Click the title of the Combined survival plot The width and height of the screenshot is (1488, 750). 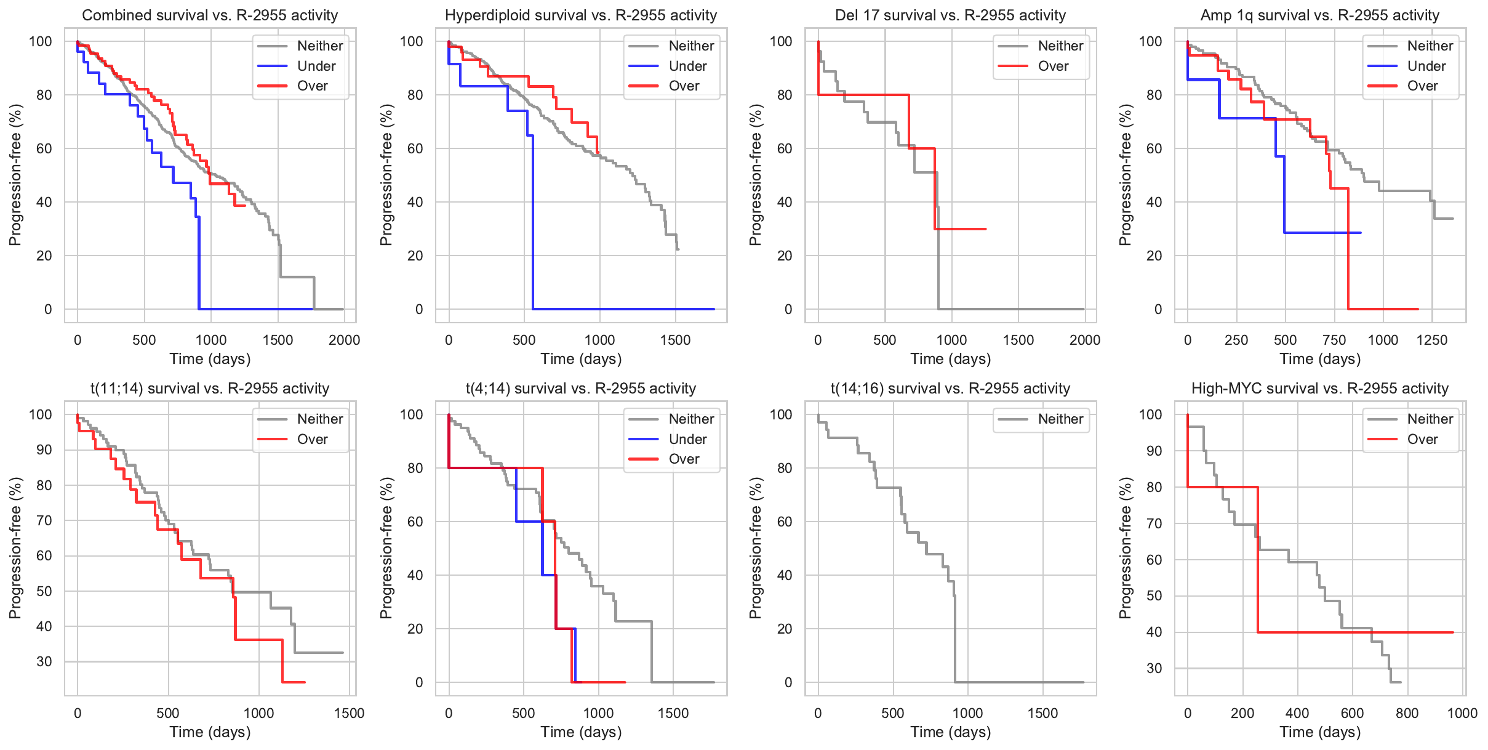tap(210, 15)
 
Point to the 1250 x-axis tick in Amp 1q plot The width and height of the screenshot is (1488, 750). tap(1432, 340)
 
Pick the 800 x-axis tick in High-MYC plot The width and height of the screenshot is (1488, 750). tap(1407, 713)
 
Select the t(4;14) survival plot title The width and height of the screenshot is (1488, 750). tap(581, 389)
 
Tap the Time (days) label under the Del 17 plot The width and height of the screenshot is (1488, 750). tap(950, 359)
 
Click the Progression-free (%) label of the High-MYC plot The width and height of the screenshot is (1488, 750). tap(1125, 548)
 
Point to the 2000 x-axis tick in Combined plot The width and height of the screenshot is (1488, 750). tap(344, 340)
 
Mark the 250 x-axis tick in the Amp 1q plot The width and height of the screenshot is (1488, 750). tap(1236, 340)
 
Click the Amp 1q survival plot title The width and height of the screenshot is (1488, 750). tap(1320, 15)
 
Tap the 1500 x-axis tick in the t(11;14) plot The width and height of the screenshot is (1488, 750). tap(349, 713)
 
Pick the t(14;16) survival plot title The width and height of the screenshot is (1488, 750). tap(950, 389)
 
